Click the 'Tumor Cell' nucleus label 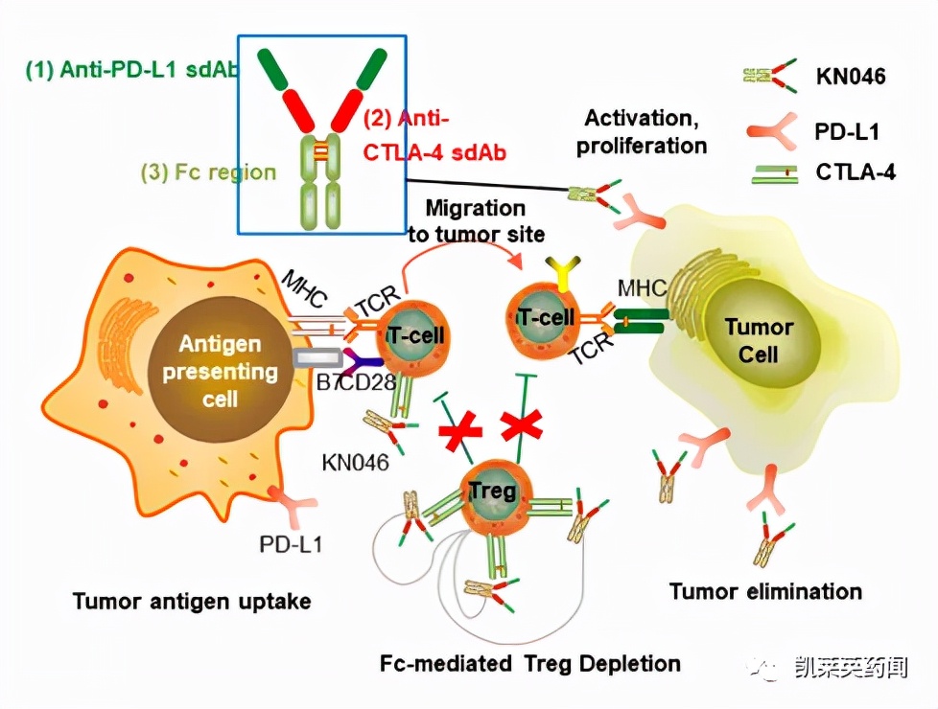pyautogui.click(x=759, y=340)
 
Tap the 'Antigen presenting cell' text pyautogui.click(x=220, y=371)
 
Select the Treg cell pyautogui.click(x=492, y=492)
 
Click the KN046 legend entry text pyautogui.click(x=851, y=77)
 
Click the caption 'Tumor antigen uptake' pyautogui.click(x=192, y=601)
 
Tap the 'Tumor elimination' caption pyautogui.click(x=765, y=590)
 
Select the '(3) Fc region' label pyautogui.click(x=208, y=173)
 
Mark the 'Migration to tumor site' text pyautogui.click(x=476, y=220)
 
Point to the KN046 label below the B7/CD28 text pyautogui.click(x=355, y=463)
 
